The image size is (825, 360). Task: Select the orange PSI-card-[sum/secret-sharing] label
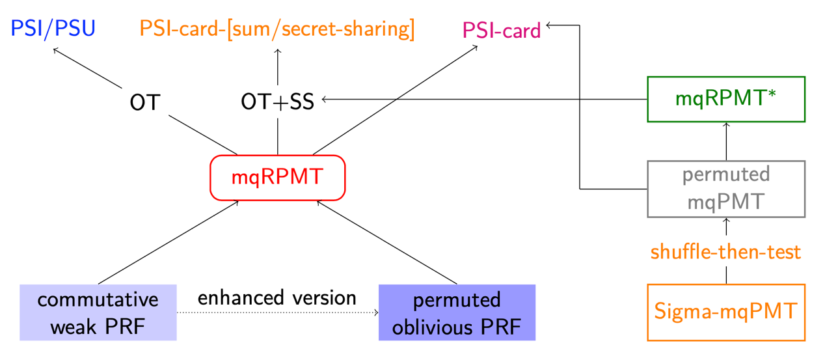tap(277, 29)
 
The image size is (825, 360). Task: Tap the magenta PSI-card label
tap(502, 31)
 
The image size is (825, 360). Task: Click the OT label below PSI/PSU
tap(144, 102)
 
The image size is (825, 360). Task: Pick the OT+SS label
tap(277, 102)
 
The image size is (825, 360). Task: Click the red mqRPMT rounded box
tap(277, 177)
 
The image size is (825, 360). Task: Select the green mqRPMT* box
tap(726, 99)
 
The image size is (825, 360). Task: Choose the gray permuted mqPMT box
tap(726, 189)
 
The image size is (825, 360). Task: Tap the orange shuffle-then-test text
tap(726, 252)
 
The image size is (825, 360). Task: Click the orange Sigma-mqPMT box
tap(726, 312)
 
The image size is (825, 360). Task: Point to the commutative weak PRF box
tap(98, 312)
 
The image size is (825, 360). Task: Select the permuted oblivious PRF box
tap(457, 312)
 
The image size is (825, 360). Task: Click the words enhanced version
tap(277, 298)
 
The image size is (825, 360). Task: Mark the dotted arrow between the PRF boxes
tap(277, 313)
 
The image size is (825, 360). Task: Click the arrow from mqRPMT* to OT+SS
tap(481, 99)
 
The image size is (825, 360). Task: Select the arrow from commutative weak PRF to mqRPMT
tap(168, 243)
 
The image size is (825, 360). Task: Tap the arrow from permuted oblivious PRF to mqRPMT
tap(386, 243)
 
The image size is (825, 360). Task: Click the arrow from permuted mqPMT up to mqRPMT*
tap(726, 141)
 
